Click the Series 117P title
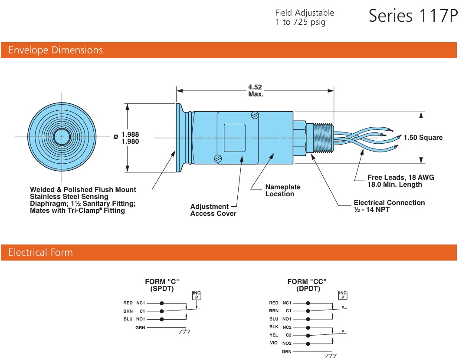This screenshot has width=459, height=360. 413,16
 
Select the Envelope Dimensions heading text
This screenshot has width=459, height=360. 56,50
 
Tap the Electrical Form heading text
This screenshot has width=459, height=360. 41,253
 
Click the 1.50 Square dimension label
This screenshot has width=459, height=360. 423,138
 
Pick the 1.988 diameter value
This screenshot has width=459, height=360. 130,134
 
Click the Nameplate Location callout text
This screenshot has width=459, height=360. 283,191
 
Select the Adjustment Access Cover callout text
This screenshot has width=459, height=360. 213,210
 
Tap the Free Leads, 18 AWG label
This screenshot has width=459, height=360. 400,177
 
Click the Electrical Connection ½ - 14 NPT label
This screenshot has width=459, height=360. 389,206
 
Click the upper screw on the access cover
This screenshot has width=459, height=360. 256,116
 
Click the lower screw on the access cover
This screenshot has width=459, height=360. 218,159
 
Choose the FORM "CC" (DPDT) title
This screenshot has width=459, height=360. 307,285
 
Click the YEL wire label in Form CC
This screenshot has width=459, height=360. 274,335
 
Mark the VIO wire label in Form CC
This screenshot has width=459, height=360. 274,343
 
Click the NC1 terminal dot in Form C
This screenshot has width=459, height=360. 162,303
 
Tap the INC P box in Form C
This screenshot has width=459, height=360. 196,295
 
